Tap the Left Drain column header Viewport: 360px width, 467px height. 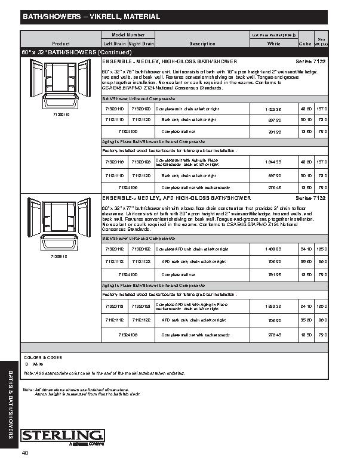[x=114, y=44]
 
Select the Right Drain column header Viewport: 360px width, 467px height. [x=141, y=44]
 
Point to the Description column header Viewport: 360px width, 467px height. [x=202, y=44]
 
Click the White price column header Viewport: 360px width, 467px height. [x=274, y=44]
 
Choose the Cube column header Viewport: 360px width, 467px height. [x=304, y=44]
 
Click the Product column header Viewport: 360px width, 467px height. [x=61, y=44]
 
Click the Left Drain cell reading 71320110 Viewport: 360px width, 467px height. [x=114, y=162]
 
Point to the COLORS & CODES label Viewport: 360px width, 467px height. [x=39, y=357]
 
